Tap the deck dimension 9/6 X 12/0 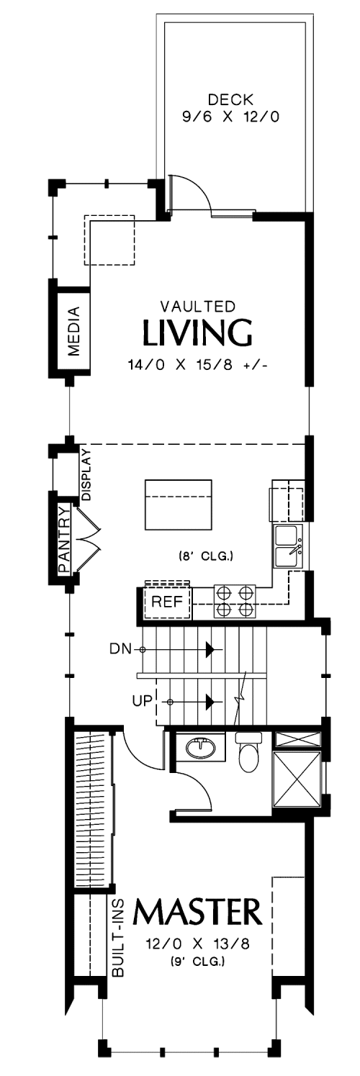tap(230, 117)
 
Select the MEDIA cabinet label tap(74, 330)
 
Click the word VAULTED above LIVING tap(197, 306)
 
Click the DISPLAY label tap(86, 474)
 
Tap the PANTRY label tap(64, 540)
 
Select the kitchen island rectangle tap(179, 504)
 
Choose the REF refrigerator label tap(166, 601)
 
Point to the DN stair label tap(120, 649)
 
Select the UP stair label tap(143, 701)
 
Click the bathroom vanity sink tap(201, 747)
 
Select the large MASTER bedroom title tap(197, 913)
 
